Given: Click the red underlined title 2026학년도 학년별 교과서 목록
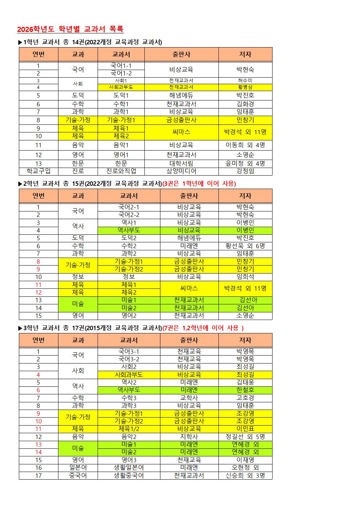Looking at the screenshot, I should point(70,29).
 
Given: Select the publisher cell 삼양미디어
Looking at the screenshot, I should point(181,171).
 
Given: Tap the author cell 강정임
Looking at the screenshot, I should point(245,171).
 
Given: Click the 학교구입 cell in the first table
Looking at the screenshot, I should point(38,171).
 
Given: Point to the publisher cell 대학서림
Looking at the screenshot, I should point(181,164).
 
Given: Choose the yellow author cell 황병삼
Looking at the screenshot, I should point(245,87).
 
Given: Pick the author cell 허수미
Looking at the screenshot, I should point(245,80).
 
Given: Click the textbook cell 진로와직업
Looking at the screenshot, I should point(121,171).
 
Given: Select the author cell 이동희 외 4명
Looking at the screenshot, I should point(245,145).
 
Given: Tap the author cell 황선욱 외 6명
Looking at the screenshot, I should point(245,246).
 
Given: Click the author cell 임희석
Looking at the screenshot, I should point(245,277).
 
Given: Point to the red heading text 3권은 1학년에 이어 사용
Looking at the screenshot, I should point(199,184).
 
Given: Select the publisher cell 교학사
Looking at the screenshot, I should point(189,398).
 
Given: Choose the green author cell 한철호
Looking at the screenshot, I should point(245,390).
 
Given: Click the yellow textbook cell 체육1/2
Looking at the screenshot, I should point(129,429).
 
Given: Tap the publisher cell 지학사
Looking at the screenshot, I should point(189,437).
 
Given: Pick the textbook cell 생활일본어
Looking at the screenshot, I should point(129,468).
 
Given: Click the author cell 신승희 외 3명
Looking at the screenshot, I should point(245,476).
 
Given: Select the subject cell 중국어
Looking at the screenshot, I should point(78,476).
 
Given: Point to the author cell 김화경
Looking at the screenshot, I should point(245,104).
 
